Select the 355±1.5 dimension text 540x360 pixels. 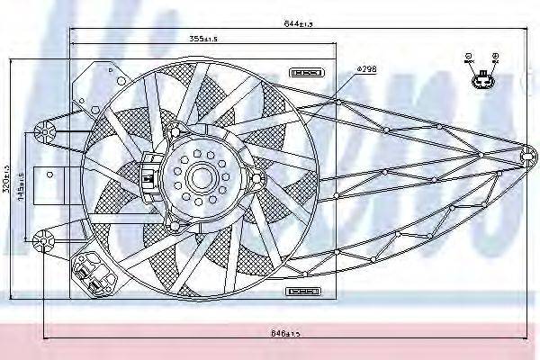205,39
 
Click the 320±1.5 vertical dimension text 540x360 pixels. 8,181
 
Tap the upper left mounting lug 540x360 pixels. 42,132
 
